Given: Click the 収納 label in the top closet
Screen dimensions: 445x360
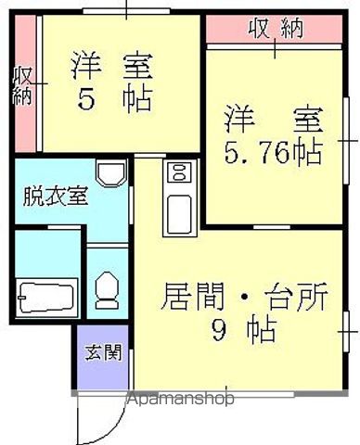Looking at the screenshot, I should (x=276, y=28).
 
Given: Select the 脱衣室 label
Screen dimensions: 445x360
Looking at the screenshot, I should (x=55, y=197).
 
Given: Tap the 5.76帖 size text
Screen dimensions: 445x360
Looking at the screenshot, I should (x=271, y=152).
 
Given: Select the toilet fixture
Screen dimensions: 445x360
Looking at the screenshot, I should (x=107, y=290).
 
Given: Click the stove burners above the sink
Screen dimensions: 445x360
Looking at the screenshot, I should (x=177, y=172).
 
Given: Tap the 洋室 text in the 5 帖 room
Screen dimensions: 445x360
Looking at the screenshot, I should (x=111, y=68).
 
